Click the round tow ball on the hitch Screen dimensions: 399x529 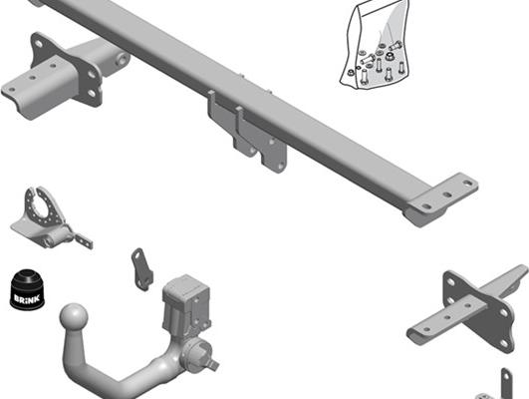pyautogui.click(x=75, y=320)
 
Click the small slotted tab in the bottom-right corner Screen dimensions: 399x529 pyautogui.click(x=509, y=384)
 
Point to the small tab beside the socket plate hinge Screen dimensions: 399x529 pyautogui.click(x=81, y=239)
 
